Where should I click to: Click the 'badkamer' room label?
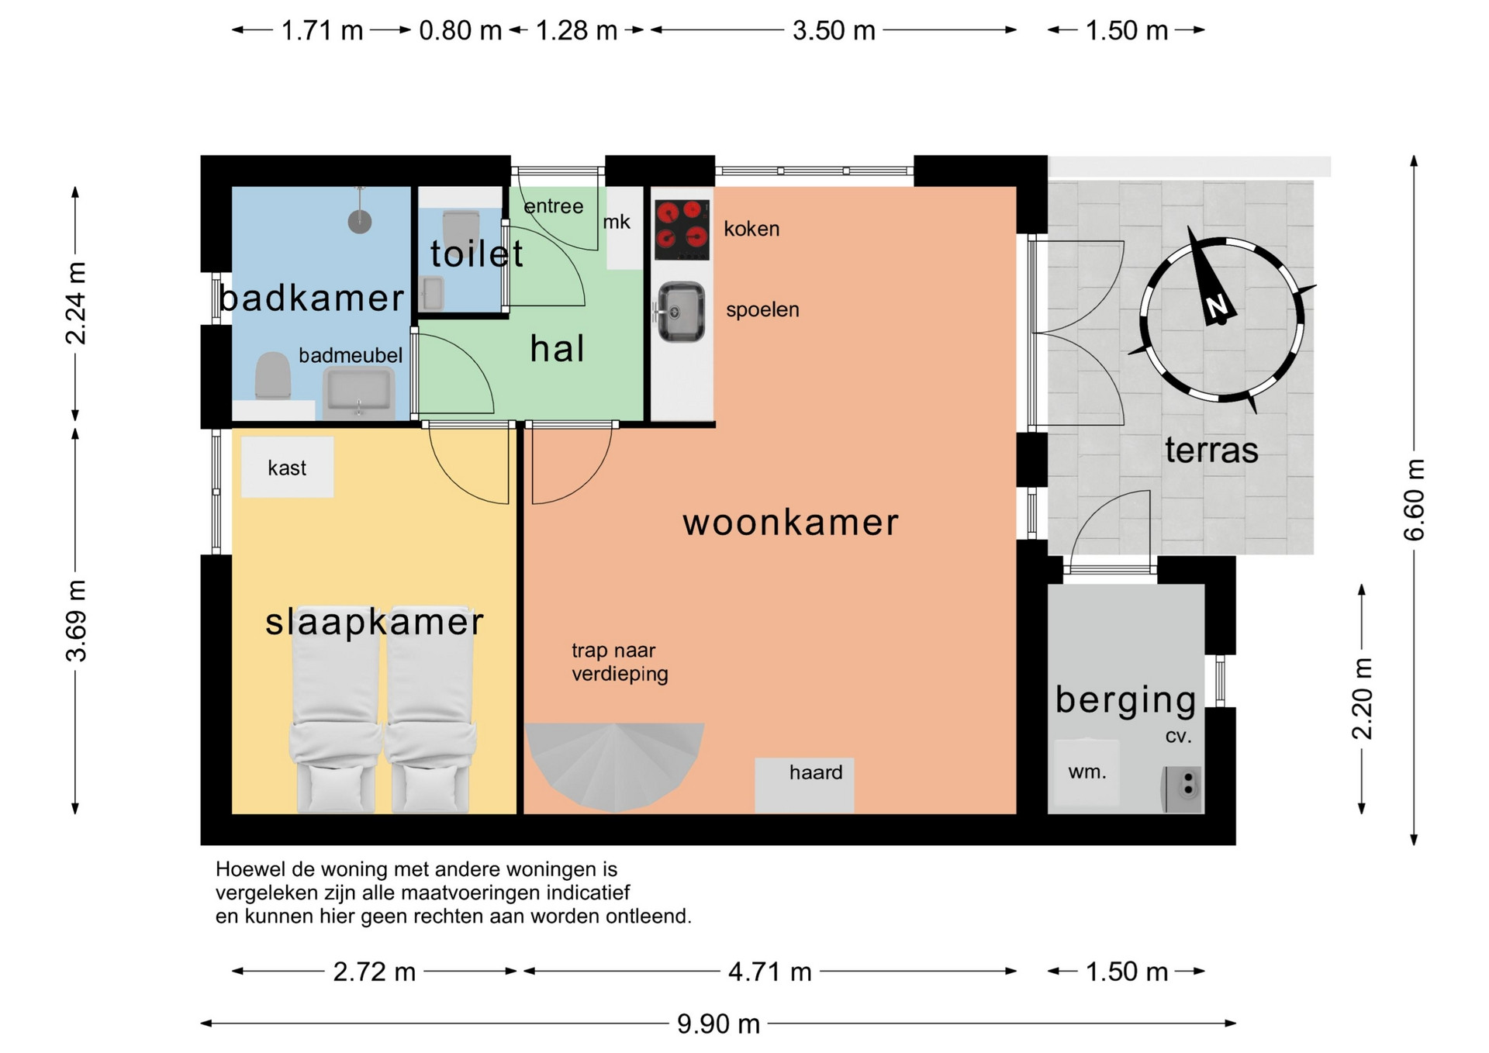click(312, 299)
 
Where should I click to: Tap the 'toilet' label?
click(477, 254)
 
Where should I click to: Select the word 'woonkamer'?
click(790, 522)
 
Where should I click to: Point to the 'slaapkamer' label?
click(375, 622)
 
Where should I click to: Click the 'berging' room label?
click(1125, 701)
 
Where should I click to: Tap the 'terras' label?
click(1211, 450)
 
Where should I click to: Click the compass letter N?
click(1218, 307)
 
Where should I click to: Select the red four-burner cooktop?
click(682, 230)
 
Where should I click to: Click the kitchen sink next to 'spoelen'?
click(681, 312)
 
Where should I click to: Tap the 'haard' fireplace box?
click(804, 785)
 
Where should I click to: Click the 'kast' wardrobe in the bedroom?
click(287, 467)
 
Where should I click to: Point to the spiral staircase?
click(615, 764)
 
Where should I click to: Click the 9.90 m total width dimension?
click(718, 1024)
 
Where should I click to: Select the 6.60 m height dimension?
click(1414, 500)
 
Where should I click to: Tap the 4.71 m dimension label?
click(770, 972)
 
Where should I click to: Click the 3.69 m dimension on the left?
click(76, 620)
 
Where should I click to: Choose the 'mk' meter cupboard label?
click(617, 222)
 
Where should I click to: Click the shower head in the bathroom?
click(359, 221)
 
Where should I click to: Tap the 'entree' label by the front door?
click(554, 206)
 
